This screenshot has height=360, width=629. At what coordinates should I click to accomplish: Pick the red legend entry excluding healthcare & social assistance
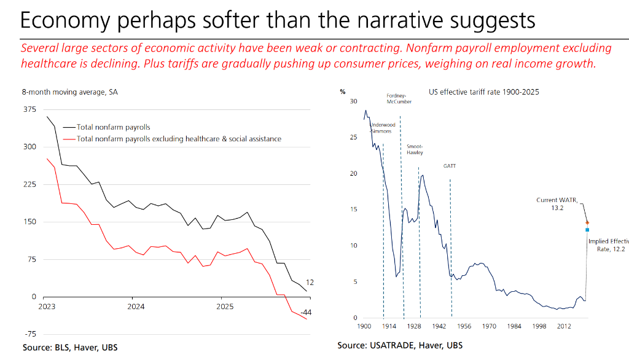(179, 139)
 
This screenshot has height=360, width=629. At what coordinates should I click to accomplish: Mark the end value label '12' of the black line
(310, 283)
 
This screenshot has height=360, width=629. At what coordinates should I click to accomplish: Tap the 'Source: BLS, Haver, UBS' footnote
(70, 348)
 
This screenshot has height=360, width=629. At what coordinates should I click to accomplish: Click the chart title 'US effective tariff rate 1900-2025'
(483, 93)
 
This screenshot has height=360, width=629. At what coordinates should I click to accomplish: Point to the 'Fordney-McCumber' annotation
(399, 98)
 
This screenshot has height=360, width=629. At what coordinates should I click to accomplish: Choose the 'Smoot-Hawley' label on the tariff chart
(415, 149)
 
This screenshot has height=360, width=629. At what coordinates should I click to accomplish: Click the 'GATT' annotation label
(450, 166)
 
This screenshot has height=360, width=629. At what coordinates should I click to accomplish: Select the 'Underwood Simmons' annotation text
(383, 128)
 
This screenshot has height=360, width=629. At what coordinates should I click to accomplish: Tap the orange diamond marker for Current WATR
(587, 222)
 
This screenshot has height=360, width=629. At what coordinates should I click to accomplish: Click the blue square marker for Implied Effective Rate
(587, 230)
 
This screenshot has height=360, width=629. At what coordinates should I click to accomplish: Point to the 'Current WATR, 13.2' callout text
(557, 204)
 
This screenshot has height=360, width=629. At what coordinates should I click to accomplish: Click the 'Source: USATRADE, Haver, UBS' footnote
(400, 346)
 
